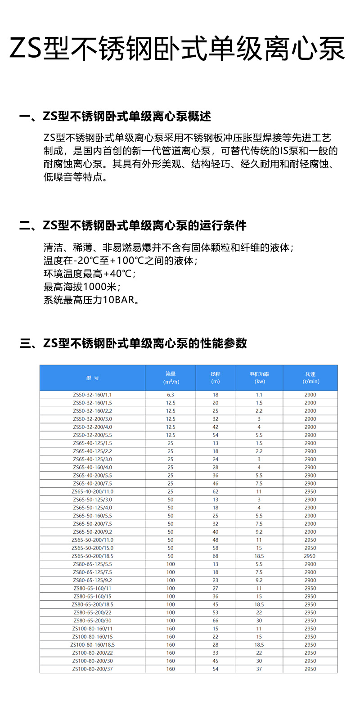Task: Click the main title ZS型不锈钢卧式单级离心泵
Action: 177,49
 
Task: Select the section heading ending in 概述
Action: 115,117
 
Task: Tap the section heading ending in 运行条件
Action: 133,225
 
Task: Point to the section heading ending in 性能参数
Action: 133,343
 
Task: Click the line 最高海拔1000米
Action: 82,287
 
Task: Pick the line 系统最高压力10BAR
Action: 91,300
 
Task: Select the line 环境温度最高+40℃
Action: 90,274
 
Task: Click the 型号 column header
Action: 92,378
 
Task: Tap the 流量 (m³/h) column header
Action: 171,378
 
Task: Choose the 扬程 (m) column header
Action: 216,378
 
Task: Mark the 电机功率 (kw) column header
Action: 259,378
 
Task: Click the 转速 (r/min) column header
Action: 310,378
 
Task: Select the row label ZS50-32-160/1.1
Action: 92,395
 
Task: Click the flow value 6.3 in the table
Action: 171,395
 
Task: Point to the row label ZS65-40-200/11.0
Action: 92,491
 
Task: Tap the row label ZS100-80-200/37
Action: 92,669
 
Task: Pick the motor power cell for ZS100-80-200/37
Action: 259,669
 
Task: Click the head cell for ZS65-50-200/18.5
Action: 216,556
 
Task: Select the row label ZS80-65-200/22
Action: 92,612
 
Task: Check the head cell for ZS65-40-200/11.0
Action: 216,491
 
